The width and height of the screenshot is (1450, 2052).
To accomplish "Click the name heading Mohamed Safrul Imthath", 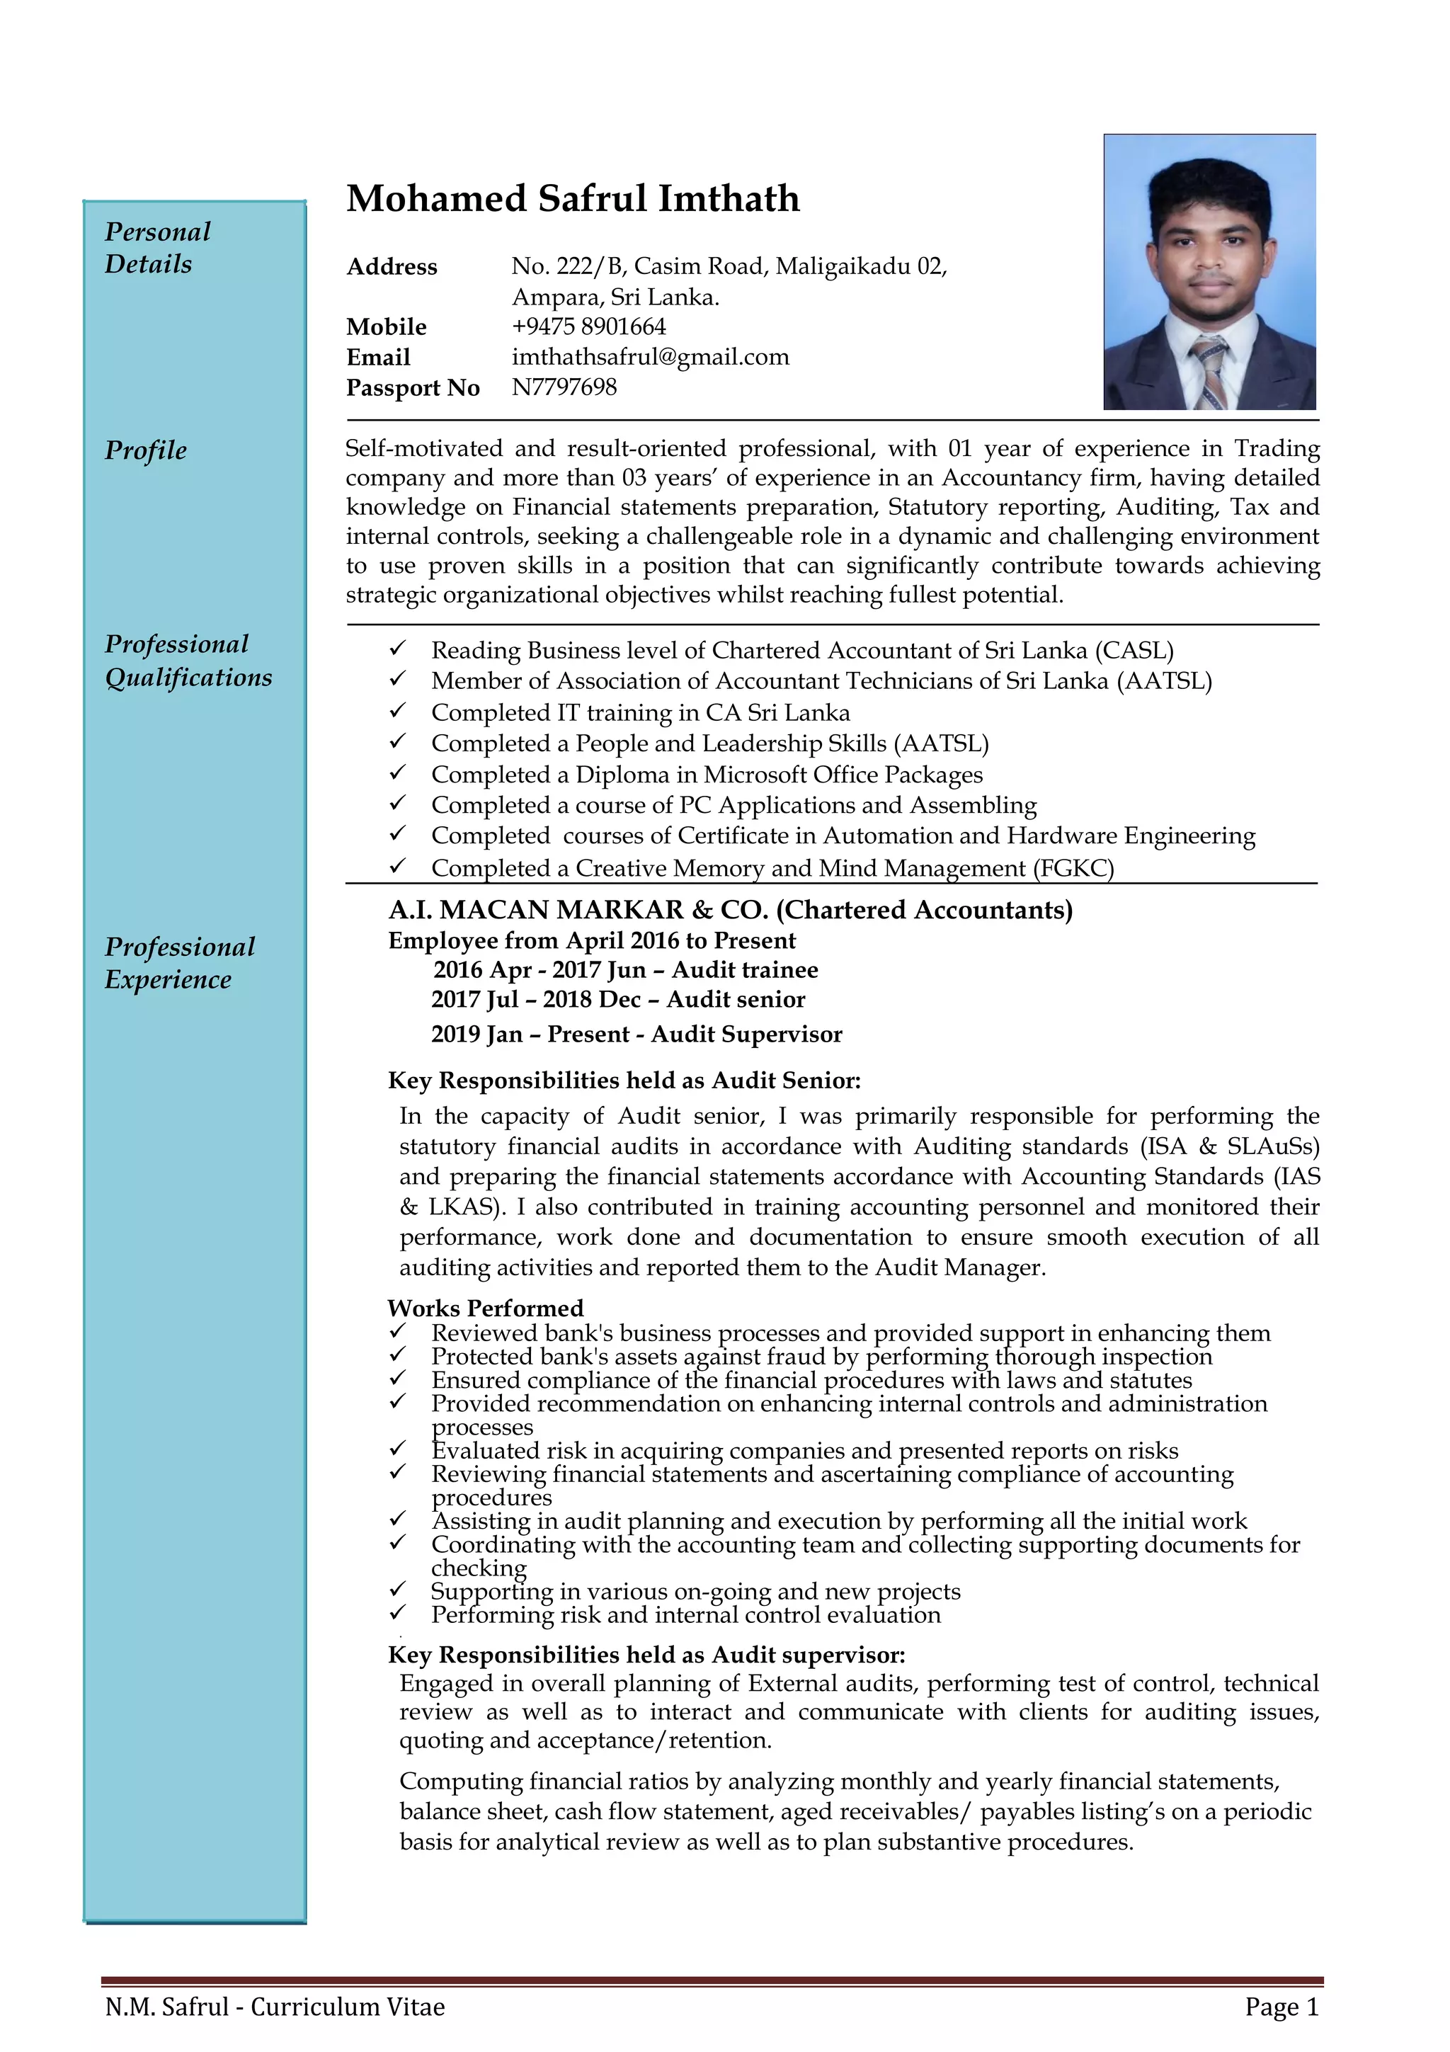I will point(573,198).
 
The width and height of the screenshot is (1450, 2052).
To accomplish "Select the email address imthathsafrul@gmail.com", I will point(649,357).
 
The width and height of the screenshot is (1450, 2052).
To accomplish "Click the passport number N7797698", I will point(564,387).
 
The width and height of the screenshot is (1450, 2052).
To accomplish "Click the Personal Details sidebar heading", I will point(157,248).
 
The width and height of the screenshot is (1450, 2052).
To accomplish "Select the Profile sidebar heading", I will point(146,450).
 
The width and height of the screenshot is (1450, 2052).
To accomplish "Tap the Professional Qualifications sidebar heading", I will point(188,661).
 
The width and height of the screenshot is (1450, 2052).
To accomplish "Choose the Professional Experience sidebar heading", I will point(178,962).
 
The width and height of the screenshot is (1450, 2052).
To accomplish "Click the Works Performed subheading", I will point(485,1309).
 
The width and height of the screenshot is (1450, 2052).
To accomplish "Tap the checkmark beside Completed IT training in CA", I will point(398,712).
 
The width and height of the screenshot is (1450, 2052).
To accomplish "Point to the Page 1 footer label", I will point(1281,2007).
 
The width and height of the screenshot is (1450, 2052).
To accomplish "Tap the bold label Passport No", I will point(413,388).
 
